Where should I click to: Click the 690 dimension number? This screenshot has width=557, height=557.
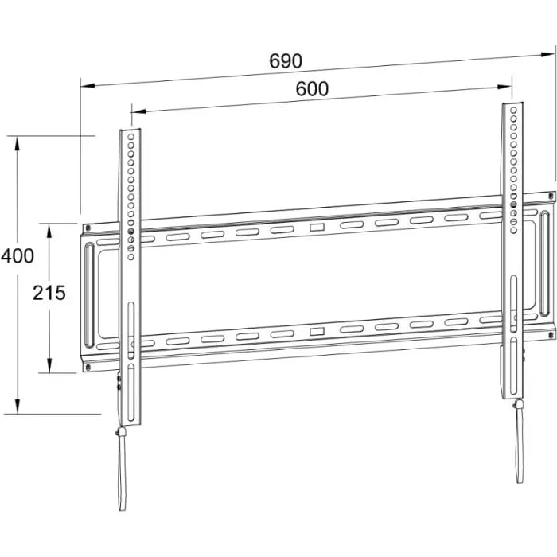(286, 61)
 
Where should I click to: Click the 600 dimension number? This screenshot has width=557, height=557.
(312, 89)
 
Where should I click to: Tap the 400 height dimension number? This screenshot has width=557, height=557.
(18, 255)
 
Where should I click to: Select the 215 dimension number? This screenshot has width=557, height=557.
(49, 293)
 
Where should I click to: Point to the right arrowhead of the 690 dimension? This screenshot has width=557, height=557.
(547, 54)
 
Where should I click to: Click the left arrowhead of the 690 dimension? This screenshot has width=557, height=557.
(88, 86)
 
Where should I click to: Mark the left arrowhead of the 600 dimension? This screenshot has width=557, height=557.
(139, 111)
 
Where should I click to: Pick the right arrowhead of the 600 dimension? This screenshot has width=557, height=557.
(504, 86)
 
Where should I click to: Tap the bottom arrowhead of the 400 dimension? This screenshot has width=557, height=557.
(17, 407)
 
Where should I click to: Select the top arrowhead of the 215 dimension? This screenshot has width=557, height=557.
(49, 231)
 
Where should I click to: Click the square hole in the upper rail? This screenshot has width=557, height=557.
(317, 227)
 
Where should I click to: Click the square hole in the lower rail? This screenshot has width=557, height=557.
(317, 332)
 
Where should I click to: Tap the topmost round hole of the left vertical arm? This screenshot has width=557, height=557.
(130, 137)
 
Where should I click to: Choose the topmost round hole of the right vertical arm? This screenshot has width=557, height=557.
(513, 111)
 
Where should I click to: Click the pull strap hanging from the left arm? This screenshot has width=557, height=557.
(122, 468)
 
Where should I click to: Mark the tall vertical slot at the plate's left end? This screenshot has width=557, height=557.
(89, 295)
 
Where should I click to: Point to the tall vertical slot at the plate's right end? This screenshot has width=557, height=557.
(544, 263)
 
